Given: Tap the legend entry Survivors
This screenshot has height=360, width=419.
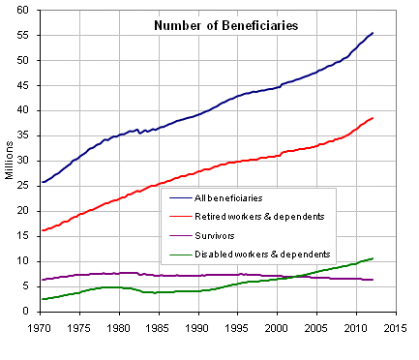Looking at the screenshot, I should tap(216, 234).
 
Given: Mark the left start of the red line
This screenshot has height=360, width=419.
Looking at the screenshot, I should tap(42, 230).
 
